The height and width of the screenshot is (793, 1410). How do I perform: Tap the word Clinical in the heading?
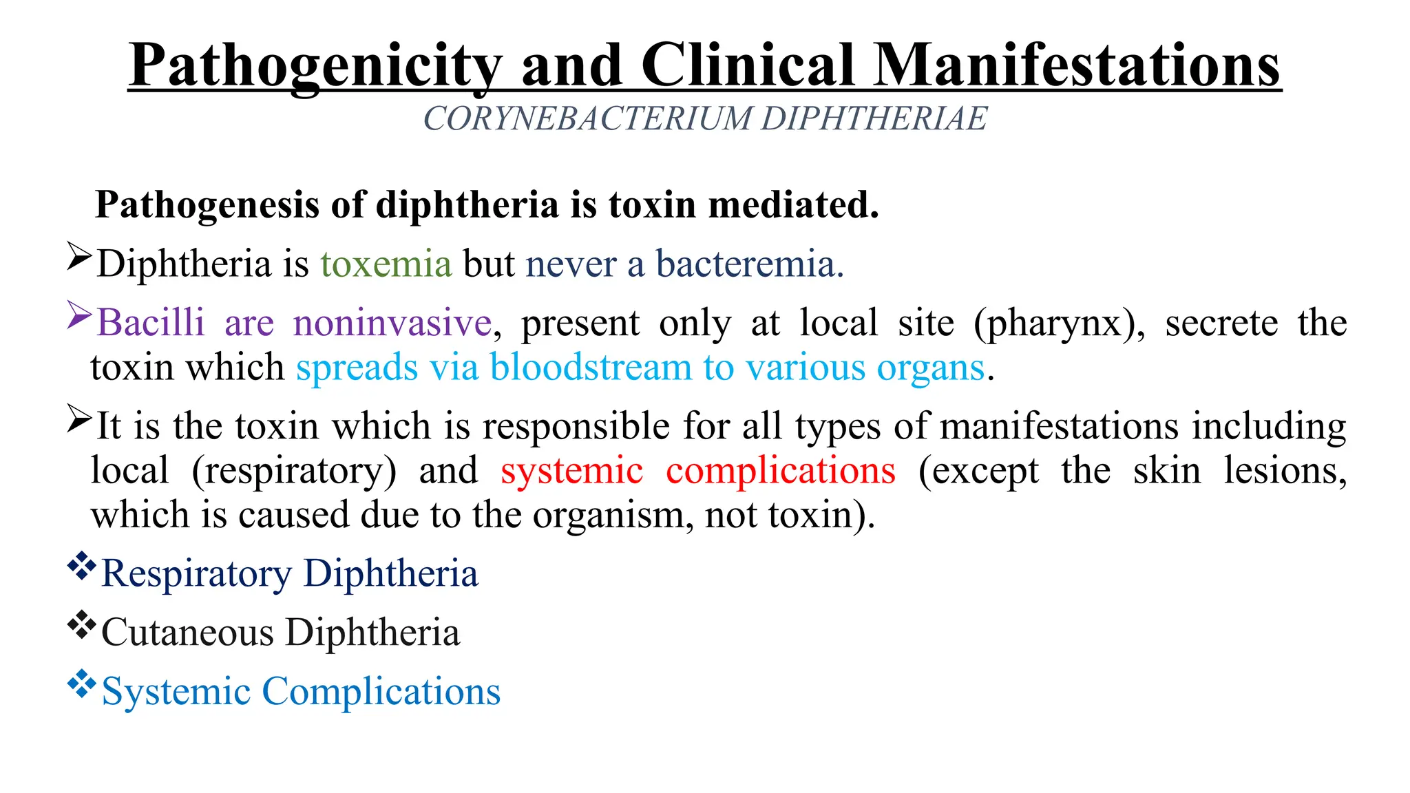[748, 65]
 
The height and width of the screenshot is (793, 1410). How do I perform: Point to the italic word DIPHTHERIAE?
[874, 118]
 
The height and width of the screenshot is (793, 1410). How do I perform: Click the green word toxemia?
[386, 264]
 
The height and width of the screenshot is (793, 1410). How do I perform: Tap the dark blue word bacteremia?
[749, 264]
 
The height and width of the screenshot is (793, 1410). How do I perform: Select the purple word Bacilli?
[151, 323]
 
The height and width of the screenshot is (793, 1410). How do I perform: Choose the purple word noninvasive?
[392, 323]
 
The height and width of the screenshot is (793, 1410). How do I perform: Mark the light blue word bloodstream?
[591, 368]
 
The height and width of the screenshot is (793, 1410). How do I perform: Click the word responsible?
[576, 427]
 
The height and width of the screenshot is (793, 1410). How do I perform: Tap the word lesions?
[1284, 472]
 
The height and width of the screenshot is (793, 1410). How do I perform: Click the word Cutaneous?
[187, 633]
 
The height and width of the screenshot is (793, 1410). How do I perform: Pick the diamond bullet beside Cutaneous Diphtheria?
[81, 624]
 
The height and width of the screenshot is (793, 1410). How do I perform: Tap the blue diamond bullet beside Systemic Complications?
[81, 684]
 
